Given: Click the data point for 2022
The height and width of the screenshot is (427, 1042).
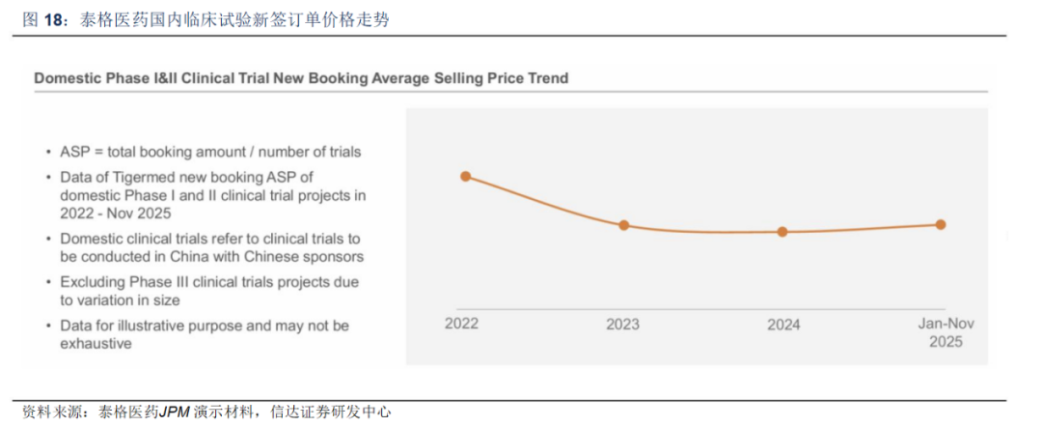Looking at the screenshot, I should point(465,176).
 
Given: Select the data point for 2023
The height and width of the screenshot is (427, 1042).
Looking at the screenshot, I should point(623,225).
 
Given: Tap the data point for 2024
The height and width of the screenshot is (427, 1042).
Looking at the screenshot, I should point(782,232).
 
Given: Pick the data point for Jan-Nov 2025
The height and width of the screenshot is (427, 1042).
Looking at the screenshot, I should point(941,224).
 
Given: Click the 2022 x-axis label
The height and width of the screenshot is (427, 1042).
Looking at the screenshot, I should point(461,324).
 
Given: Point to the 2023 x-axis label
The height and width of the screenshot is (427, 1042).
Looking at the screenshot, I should point(622,325).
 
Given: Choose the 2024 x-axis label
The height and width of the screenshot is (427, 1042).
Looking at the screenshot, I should point(783,325).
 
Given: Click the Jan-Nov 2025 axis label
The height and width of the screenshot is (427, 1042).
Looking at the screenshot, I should point(945,332).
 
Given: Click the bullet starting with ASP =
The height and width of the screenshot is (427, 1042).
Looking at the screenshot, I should point(210,152).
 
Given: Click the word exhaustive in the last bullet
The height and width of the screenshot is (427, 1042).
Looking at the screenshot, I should point(96,343).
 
